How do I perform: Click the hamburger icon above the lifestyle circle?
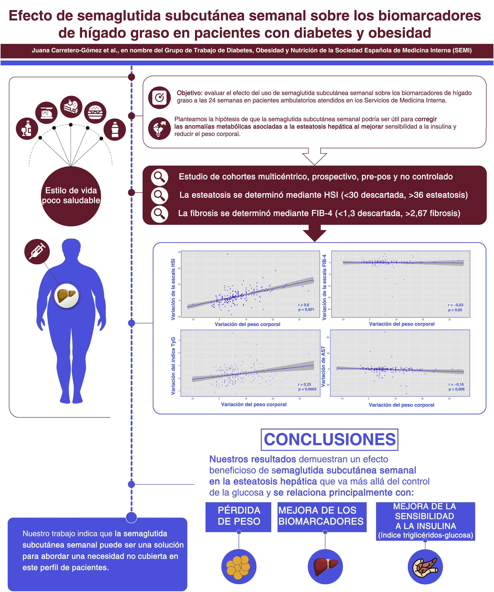pyautogui.click(x=95, y=112)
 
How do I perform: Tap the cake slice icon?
pyautogui.click(x=71, y=107)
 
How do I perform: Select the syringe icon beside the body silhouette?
pyautogui.click(x=37, y=251)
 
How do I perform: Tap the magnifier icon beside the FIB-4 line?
pyautogui.click(x=160, y=214)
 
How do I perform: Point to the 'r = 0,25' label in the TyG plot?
pyautogui.click(x=304, y=384)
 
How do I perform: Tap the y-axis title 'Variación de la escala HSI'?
pyautogui.click(x=173, y=289)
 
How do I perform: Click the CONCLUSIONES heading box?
pyautogui.click(x=329, y=439)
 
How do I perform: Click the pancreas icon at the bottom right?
pyautogui.click(x=425, y=567)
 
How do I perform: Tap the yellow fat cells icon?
pyautogui.click(x=238, y=567)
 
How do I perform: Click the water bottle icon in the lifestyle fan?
pyautogui.click(x=114, y=129)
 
